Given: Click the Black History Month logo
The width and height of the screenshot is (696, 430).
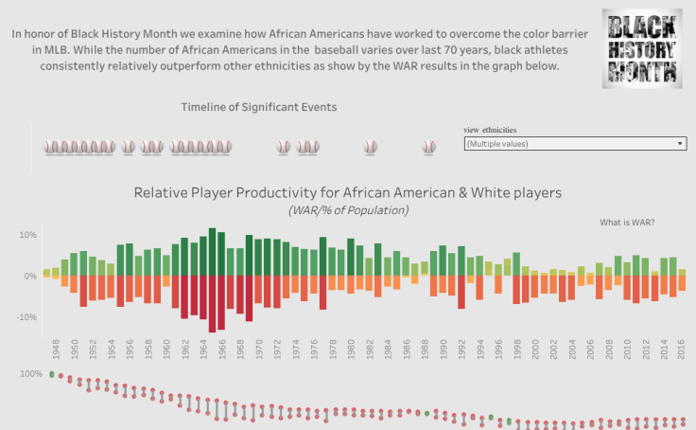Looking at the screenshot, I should pyautogui.click(x=642, y=49).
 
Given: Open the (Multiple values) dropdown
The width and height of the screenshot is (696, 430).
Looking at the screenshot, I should pyautogui.click(x=575, y=144).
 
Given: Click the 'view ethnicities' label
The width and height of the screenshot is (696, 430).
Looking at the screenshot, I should pyautogui.click(x=490, y=130).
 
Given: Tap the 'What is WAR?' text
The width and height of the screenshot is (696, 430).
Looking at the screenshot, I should pyautogui.click(x=627, y=223).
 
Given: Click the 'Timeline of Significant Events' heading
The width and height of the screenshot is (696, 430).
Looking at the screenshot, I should pyautogui.click(x=258, y=107).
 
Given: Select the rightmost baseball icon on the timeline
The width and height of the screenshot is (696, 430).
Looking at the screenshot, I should pyautogui.click(x=429, y=148).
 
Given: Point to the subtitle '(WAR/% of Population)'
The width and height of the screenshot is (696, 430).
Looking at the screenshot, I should pyautogui.click(x=348, y=210).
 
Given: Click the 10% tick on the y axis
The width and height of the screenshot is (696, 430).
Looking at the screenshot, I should pyautogui.click(x=27, y=235).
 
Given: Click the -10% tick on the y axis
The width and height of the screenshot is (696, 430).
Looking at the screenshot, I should pyautogui.click(x=26, y=317).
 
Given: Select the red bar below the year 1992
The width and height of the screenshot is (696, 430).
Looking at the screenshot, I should pyautogui.click(x=461, y=292).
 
